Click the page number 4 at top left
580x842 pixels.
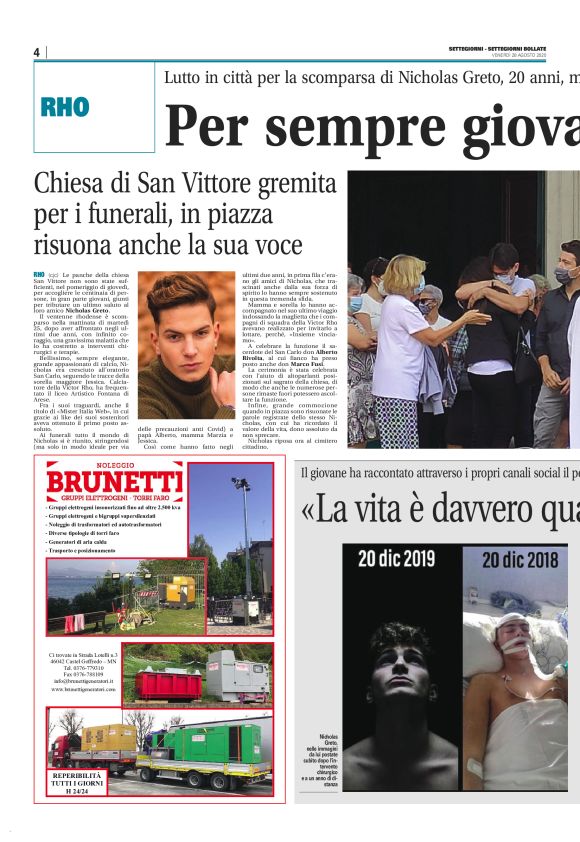[37, 52]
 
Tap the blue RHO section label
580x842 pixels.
[65, 108]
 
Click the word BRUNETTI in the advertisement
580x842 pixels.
[114, 485]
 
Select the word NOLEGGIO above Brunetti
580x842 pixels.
[113, 466]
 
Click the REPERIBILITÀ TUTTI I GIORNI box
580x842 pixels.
[77, 783]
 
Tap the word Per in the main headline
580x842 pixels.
[204, 125]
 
